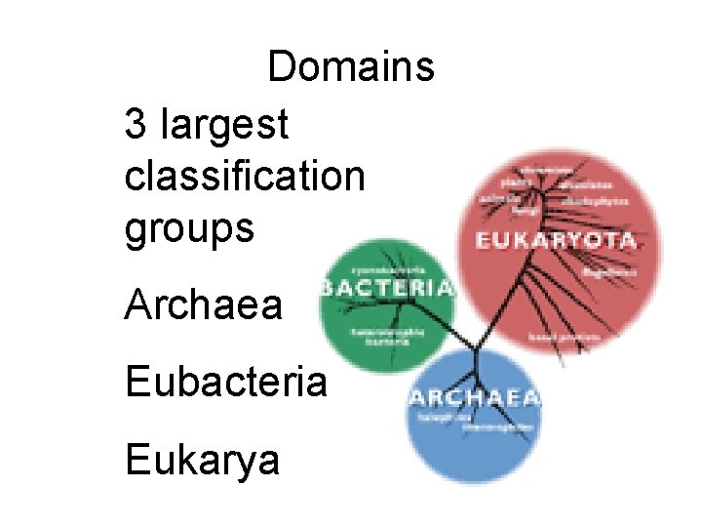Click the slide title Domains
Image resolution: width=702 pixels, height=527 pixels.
click(x=351, y=67)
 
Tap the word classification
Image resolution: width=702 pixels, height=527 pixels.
click(x=245, y=177)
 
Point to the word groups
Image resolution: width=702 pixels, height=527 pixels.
click(x=189, y=229)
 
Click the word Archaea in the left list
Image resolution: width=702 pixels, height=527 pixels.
click(x=203, y=305)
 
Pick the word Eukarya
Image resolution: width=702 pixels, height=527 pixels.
click(x=202, y=460)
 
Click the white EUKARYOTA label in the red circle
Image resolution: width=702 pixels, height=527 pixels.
click(x=556, y=240)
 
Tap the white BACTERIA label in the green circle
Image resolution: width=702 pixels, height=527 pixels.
click(x=388, y=288)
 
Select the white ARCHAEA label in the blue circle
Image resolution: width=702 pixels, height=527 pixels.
click(x=474, y=398)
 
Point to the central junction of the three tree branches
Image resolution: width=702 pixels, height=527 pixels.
click(x=475, y=348)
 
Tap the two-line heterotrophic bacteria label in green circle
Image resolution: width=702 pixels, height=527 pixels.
click(x=387, y=336)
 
